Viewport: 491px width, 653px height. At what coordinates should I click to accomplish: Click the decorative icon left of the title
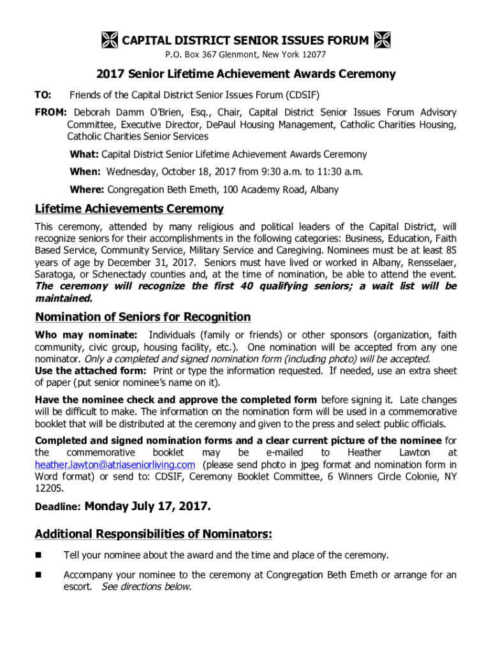[109, 41]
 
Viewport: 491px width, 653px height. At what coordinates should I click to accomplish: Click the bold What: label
[84, 154]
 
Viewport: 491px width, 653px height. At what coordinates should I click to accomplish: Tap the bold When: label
[85, 172]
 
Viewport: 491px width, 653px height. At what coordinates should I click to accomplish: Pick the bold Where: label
[87, 189]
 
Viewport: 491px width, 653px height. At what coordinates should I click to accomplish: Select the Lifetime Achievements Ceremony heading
[129, 209]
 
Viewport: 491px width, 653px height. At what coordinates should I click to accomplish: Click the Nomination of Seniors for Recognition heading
[143, 317]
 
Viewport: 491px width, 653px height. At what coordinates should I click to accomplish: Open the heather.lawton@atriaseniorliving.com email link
[115, 464]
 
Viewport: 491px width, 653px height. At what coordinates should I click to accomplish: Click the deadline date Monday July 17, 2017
[147, 507]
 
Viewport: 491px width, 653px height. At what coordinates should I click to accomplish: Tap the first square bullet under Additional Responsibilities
[39, 555]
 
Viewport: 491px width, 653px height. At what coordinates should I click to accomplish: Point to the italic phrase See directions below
[147, 587]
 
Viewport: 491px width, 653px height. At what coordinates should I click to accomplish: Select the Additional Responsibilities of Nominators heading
[154, 533]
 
